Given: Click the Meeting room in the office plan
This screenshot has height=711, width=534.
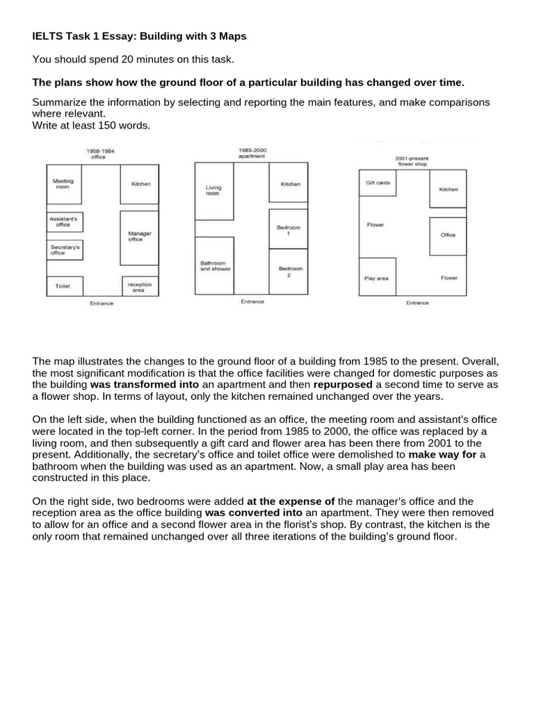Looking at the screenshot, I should tap(64, 184).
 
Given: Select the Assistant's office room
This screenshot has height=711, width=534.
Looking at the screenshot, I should tap(64, 221).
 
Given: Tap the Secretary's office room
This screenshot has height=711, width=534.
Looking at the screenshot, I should tap(64, 249).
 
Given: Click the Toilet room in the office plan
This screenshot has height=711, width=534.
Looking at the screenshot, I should tap(64, 285).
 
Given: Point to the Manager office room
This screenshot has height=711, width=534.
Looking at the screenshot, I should tap(139, 237).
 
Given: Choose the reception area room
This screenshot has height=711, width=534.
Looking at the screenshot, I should tap(140, 286).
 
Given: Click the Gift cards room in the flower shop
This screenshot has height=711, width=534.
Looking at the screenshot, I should tap(378, 183).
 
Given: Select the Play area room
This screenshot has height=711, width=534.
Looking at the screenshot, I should tap(377, 278).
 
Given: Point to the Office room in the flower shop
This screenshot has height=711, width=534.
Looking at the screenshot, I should tap(448, 235).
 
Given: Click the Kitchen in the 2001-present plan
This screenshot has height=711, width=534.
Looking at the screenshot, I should tap(448, 188).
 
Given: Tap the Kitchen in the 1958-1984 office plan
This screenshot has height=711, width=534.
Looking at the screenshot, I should tap(140, 184).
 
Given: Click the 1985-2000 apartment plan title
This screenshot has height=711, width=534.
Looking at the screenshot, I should tap(252, 153).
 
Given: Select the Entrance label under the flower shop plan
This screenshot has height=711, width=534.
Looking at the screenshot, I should tap(417, 303).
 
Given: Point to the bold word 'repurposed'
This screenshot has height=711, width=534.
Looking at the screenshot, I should tap(343, 383).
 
